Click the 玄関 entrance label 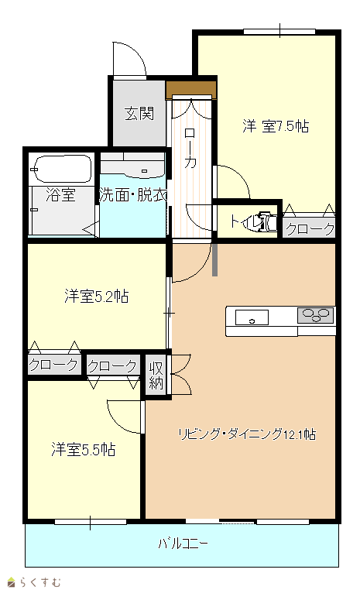139,113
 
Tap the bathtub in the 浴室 63,169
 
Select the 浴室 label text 60,195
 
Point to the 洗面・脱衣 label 133,195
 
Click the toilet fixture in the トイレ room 268,222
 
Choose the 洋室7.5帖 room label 276,126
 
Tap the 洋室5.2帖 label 97,296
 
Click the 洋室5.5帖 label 84,449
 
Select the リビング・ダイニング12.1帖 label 247,434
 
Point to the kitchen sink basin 252,317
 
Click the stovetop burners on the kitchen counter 316,315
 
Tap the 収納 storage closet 156,376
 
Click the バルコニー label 183,544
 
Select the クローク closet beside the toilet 309,228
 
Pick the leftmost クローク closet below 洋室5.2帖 54,364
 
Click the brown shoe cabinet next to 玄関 191,90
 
